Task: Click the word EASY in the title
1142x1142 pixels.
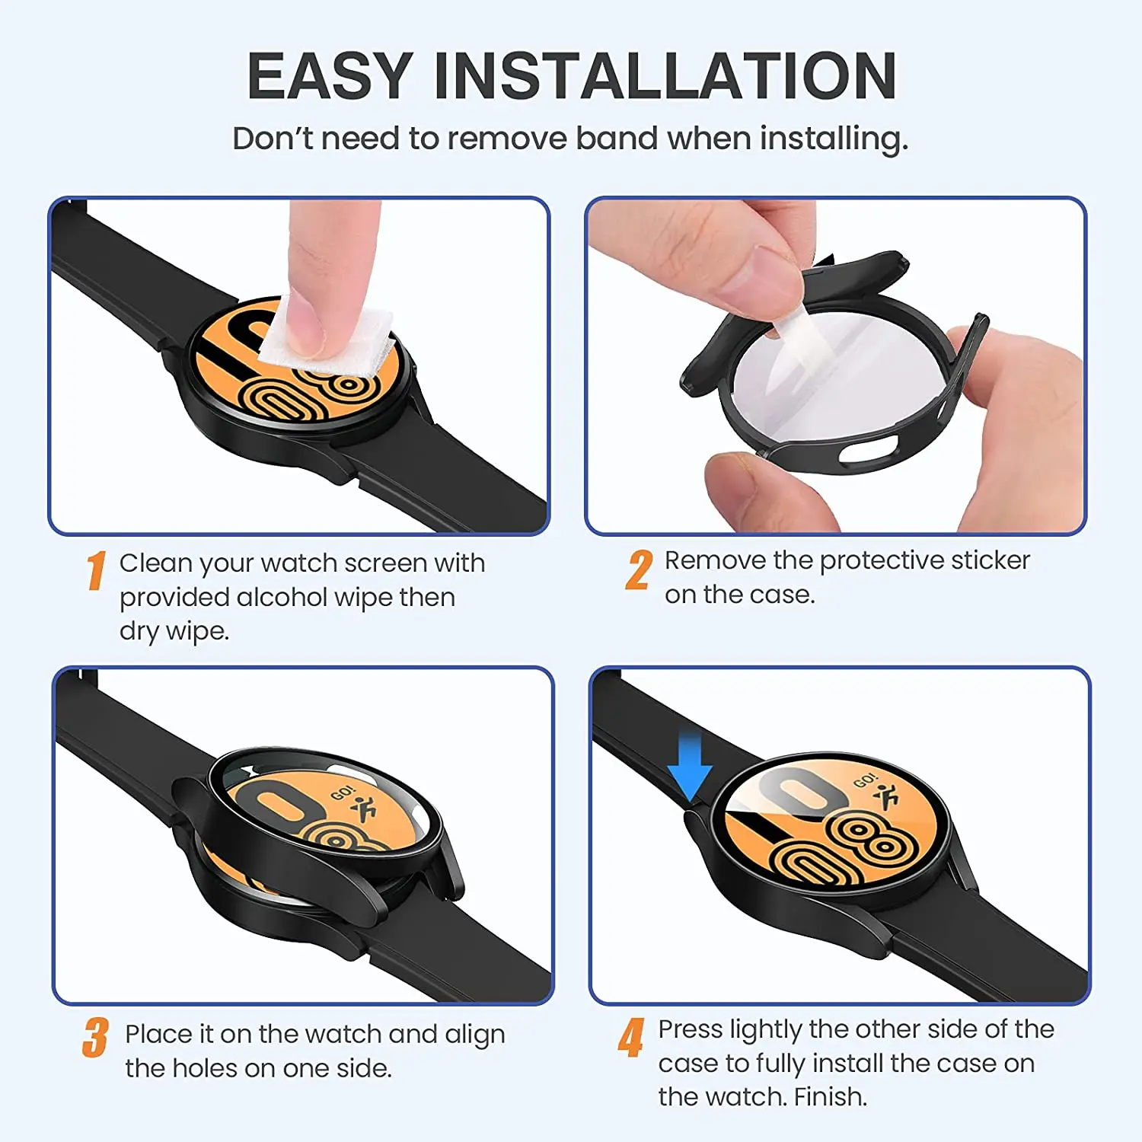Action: pyautogui.click(x=330, y=76)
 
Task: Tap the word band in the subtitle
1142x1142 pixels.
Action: pyautogui.click(x=617, y=139)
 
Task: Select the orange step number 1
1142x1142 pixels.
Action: pyautogui.click(x=95, y=571)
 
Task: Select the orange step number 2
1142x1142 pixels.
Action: pyautogui.click(x=639, y=570)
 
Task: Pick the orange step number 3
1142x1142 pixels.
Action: pyautogui.click(x=95, y=1038)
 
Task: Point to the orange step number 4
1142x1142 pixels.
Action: pyautogui.click(x=631, y=1038)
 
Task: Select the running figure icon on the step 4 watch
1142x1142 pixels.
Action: pyautogui.click(x=887, y=796)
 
